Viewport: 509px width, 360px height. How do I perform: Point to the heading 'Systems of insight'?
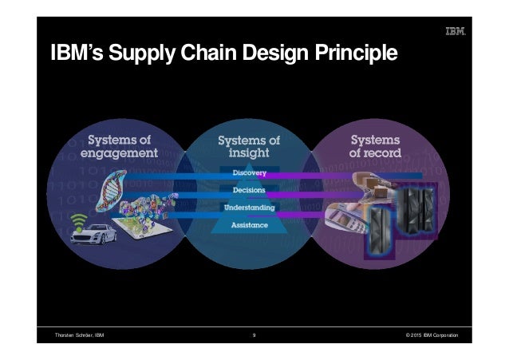click(x=249, y=146)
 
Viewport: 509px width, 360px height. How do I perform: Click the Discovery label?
click(x=250, y=172)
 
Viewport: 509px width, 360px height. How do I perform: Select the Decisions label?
click(x=250, y=190)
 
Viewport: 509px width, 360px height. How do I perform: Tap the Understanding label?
click(x=250, y=208)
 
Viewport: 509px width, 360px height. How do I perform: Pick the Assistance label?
click(x=250, y=225)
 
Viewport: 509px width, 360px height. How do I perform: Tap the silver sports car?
click(x=94, y=235)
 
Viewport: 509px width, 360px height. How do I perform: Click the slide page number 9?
click(x=253, y=335)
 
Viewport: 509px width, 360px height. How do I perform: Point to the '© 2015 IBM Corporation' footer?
click(x=436, y=335)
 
